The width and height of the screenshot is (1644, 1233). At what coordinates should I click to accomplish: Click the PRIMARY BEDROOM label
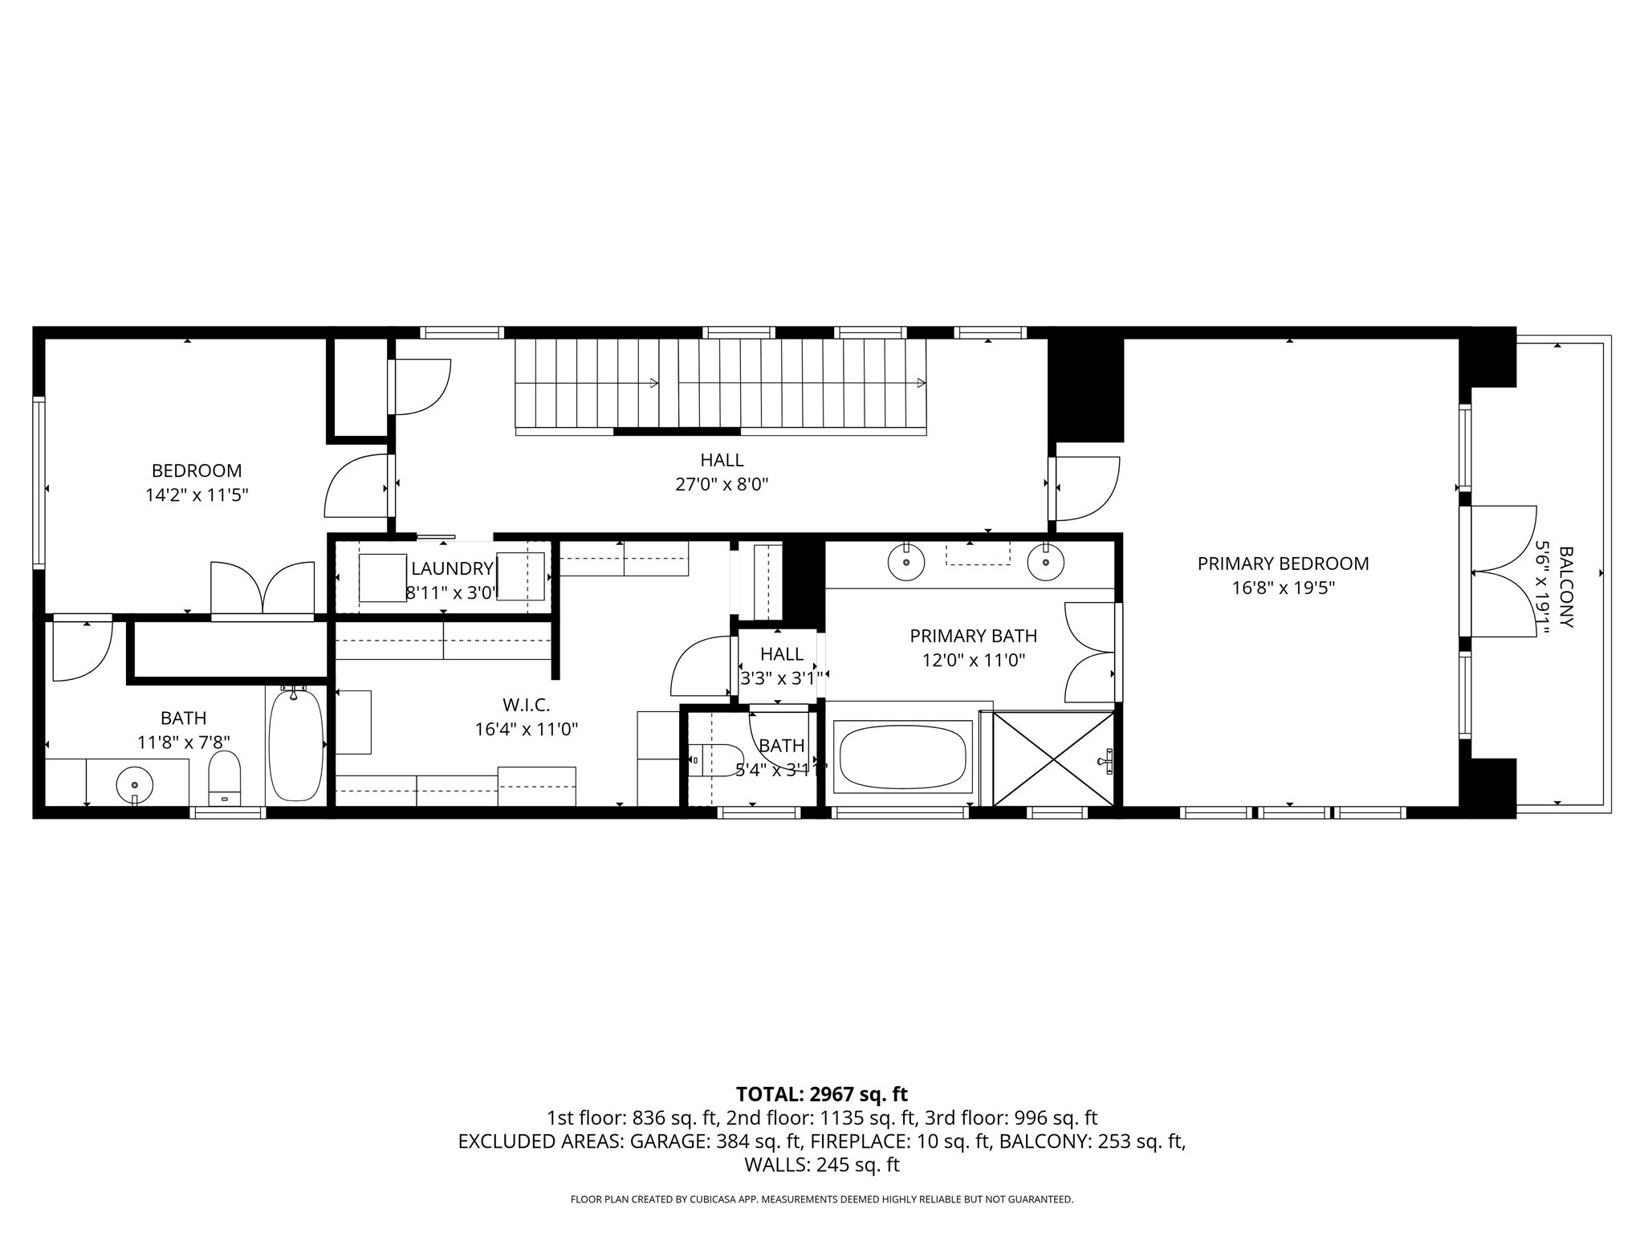pos(1283,564)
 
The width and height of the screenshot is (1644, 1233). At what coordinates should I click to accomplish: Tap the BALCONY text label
pos(1565,587)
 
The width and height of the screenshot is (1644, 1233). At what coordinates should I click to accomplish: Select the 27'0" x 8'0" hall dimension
pos(722,484)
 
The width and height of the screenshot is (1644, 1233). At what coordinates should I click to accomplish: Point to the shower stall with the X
pos(1053,759)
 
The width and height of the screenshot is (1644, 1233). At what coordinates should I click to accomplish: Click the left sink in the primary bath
pos(906,563)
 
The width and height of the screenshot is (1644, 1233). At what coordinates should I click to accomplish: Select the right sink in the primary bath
pos(1045,563)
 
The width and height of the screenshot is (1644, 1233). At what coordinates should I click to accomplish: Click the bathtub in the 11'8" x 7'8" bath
pos(295,746)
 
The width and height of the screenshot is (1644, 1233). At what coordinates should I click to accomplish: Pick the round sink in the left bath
pos(135,784)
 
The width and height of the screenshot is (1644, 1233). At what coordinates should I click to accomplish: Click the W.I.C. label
pos(526,705)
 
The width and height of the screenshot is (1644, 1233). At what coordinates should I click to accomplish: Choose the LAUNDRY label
pos(452,569)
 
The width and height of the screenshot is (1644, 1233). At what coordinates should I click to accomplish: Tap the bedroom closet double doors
pos(262,590)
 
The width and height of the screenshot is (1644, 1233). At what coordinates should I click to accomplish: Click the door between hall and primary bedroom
pos(1084,488)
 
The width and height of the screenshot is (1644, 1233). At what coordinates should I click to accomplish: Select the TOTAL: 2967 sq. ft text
pos(821,1094)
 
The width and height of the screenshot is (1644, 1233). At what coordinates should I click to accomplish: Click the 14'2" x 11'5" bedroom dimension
pos(196,495)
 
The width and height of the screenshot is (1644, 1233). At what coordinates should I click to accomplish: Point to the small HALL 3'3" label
pos(781,654)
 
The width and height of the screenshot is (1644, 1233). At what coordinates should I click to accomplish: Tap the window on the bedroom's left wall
pos(39,482)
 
